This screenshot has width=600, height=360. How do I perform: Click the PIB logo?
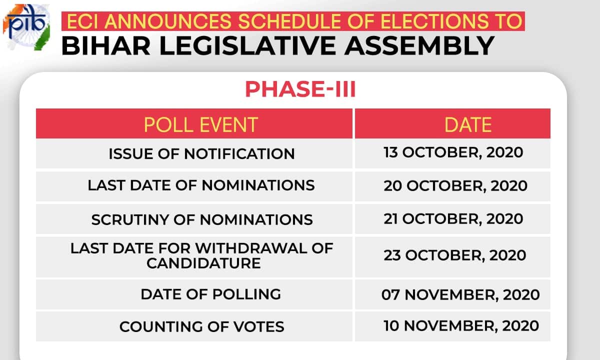pos(26,27)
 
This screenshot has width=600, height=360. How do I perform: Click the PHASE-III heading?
pos(300,89)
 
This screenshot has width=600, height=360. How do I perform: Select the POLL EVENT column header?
pos(200,124)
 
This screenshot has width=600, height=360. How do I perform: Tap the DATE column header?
pos(468,124)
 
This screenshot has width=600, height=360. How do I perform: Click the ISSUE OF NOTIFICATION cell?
pos(201,154)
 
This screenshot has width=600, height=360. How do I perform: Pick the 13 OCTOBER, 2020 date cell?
pos(453,152)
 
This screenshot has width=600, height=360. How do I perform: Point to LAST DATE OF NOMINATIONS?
pos(201,185)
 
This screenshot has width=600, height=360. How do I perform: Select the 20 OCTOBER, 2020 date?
pos(455,185)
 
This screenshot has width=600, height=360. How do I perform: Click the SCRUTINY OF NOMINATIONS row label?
pos(202,219)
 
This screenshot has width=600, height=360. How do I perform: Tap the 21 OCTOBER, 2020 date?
pos(453,219)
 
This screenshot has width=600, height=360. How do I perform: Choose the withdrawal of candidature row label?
pos(201,255)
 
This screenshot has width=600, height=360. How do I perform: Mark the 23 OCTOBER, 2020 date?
pos(455,255)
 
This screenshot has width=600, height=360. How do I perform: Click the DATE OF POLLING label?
pos(211,294)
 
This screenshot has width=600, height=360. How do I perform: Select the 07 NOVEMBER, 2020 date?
pos(460,294)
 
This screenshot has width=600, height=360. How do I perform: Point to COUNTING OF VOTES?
pos(201,326)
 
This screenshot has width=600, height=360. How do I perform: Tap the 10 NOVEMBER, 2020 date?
pos(461,325)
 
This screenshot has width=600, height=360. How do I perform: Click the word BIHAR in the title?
pos(105,46)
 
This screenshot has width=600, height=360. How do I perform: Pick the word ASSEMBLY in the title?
pos(419,46)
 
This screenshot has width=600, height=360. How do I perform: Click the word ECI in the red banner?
pos(83,21)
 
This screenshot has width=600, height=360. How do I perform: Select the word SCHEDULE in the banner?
pos(285,21)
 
